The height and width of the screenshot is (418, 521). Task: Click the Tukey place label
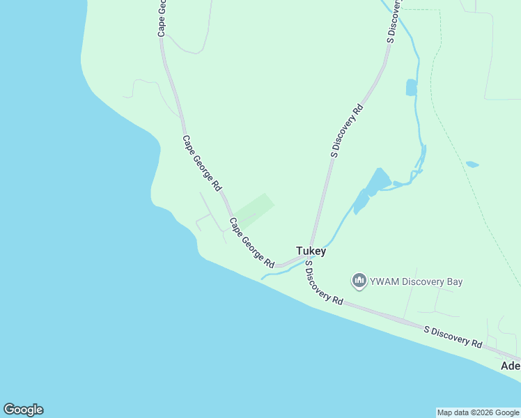pos(311,251)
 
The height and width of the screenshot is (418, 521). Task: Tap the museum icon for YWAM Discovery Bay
pos(359,281)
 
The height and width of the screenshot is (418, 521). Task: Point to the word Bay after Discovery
pos(453,281)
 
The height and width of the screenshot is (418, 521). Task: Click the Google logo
pos(23,410)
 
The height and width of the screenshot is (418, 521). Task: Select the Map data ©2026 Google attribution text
pos(478,412)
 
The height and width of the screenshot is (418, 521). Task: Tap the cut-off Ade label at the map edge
pos(511,366)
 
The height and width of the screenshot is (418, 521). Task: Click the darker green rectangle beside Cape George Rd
pos(254,210)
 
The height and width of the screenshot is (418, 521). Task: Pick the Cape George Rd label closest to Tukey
pos(252,243)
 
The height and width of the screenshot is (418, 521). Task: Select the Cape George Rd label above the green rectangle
pos(202,163)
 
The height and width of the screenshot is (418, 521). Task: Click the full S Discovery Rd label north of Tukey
pos(347,131)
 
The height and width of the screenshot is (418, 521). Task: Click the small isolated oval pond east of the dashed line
pos(472,164)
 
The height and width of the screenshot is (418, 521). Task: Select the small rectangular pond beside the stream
pos(411,87)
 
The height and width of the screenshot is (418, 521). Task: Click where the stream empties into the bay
pos(263,278)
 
